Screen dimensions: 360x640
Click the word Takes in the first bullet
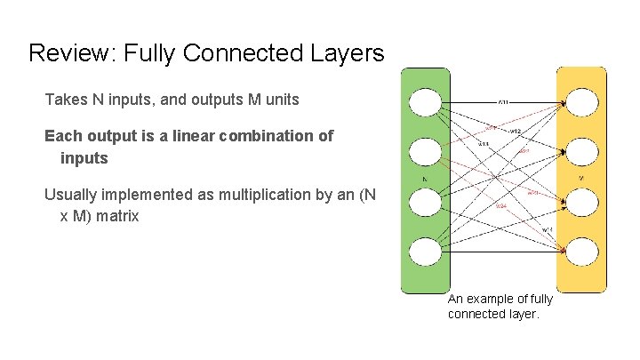click(66, 100)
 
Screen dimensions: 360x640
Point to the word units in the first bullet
click(279, 100)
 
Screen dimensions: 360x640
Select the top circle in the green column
click(425, 102)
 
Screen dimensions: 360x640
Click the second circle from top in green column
click(425, 152)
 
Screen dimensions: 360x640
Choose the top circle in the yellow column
click(582, 103)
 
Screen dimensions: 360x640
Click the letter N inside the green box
click(425, 178)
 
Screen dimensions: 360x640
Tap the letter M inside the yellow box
click(581, 178)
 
